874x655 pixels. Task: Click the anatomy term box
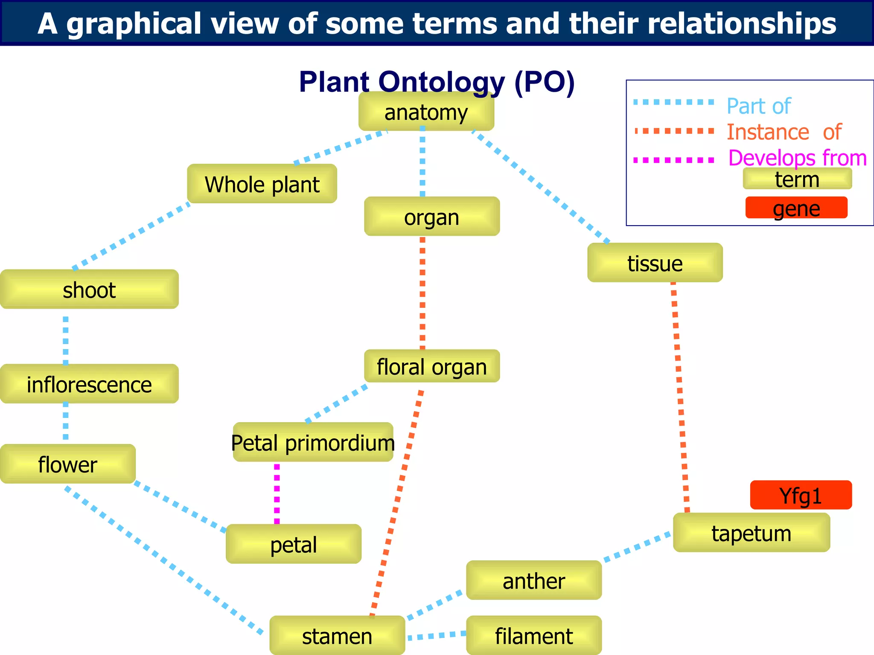coord(426,112)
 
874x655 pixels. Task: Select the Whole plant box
coord(262,184)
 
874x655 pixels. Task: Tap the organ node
coord(431,217)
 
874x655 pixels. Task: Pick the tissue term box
coord(655,263)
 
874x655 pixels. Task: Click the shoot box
coord(89,289)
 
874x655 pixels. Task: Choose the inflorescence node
coord(89,384)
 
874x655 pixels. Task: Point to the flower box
coord(67,464)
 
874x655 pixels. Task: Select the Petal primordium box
coord(313,442)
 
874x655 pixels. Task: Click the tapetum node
coord(751,533)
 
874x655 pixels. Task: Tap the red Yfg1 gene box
coord(801,495)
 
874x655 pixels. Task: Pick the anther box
coord(533,580)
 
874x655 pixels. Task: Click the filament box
coord(533,635)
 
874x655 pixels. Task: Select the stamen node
coord(337,635)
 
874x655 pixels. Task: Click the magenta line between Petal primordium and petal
coord(277,493)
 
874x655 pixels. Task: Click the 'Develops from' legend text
coord(797,158)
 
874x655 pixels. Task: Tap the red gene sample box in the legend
coord(796,208)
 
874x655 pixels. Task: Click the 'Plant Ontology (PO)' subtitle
coord(437,81)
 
